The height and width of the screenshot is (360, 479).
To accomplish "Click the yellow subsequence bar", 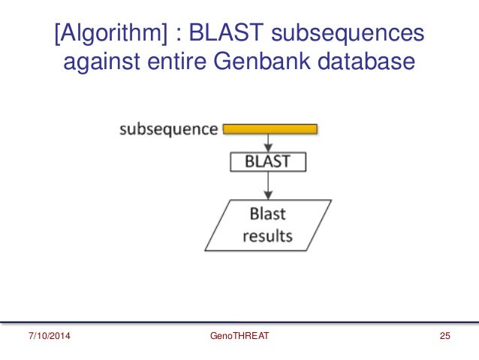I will [x=271, y=129].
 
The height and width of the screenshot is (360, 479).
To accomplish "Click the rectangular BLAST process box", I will [x=268, y=162].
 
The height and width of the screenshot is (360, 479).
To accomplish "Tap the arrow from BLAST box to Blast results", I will [x=268, y=186].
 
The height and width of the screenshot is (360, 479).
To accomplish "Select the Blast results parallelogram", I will [x=268, y=225].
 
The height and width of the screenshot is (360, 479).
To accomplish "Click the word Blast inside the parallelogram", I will [x=267, y=213].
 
